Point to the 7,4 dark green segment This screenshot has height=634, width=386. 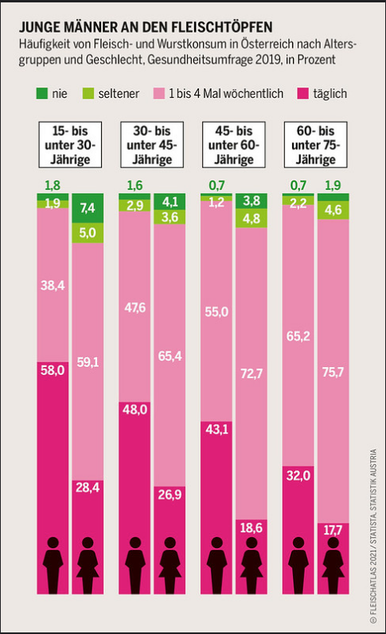click(x=88, y=208)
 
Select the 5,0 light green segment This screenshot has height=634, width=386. click(x=88, y=232)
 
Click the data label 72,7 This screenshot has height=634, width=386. click(x=252, y=373)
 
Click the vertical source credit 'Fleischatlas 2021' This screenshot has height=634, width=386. click(x=373, y=576)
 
